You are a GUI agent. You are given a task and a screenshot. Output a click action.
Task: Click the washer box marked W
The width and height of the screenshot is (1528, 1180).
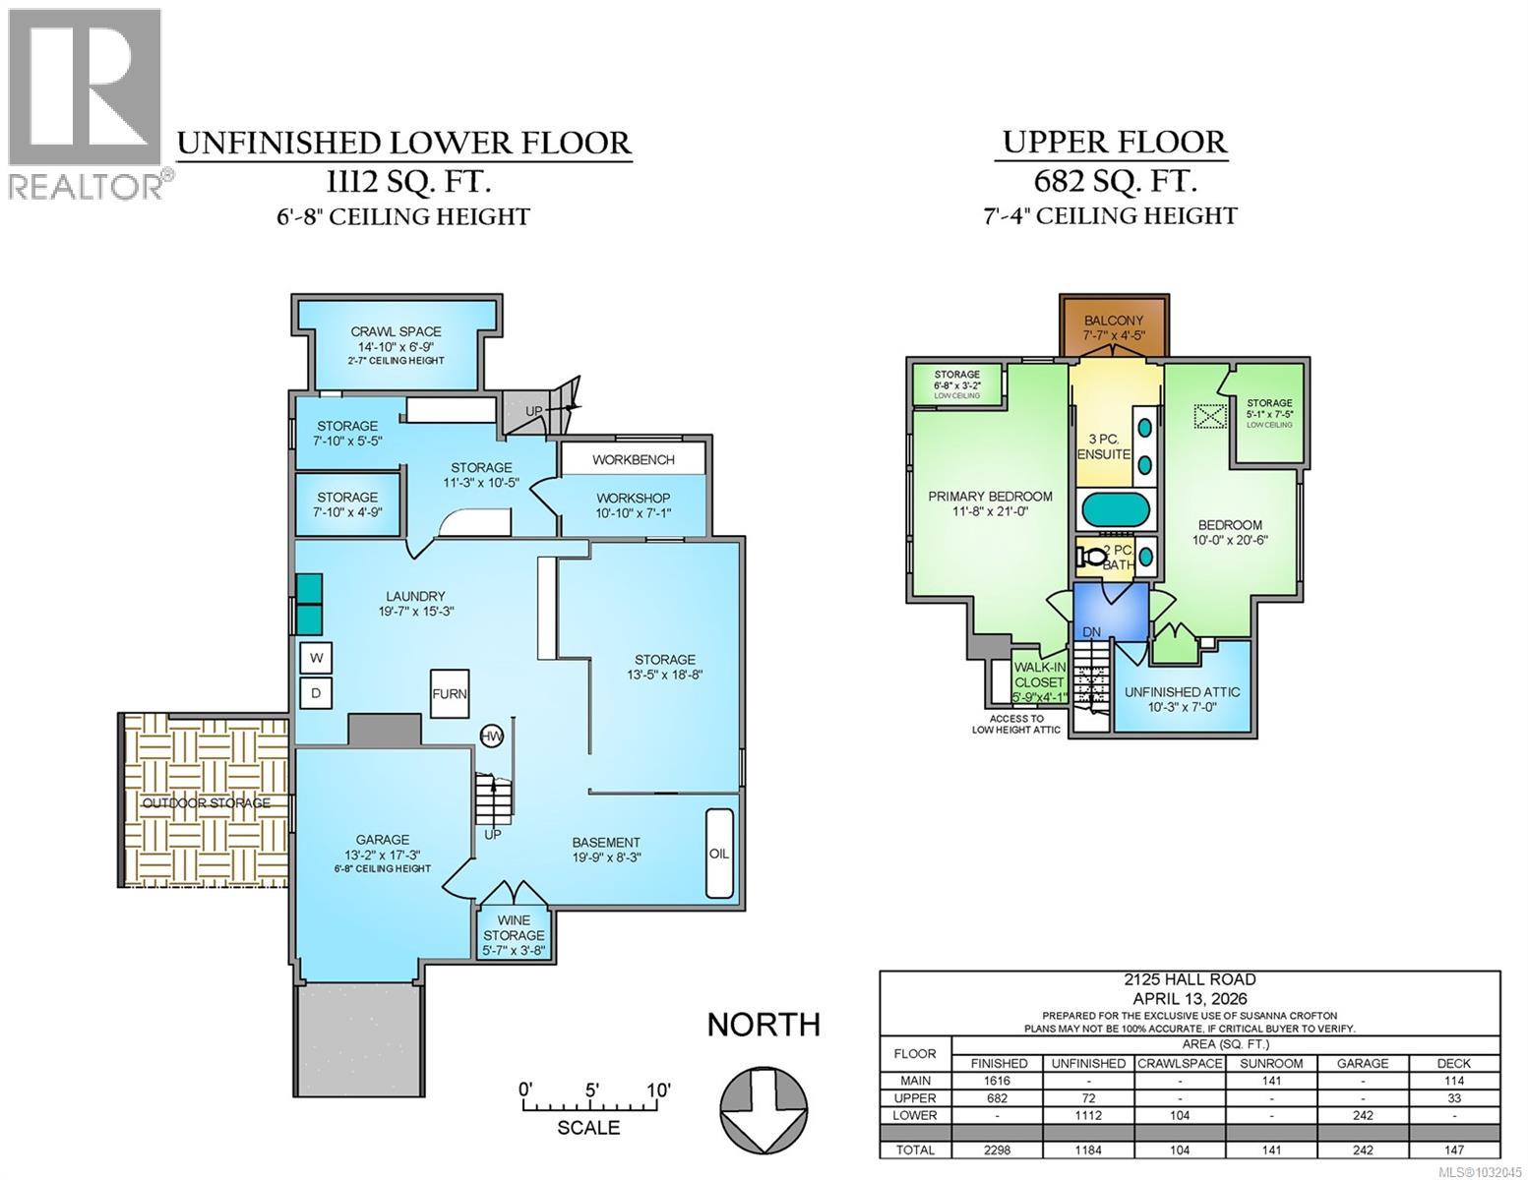tap(316, 657)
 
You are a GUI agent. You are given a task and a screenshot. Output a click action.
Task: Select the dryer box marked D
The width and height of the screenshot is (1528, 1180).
tap(316, 692)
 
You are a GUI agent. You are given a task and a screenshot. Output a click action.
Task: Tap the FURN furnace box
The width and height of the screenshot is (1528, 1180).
tap(450, 693)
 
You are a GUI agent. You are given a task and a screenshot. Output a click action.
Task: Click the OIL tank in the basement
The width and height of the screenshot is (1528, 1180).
tap(719, 853)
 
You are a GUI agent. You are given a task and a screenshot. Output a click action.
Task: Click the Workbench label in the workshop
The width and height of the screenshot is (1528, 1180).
tap(634, 459)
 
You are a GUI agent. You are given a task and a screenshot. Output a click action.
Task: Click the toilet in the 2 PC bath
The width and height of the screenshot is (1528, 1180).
tap(1092, 557)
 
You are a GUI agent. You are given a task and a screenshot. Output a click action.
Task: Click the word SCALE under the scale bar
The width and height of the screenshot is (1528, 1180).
tap(588, 1128)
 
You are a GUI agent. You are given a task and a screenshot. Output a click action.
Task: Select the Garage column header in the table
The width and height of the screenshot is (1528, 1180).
tap(1363, 1063)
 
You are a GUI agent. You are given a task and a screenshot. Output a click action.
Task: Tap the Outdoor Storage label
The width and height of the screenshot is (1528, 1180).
tap(206, 803)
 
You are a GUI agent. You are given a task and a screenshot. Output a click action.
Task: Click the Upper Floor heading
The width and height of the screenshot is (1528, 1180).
tap(1114, 143)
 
